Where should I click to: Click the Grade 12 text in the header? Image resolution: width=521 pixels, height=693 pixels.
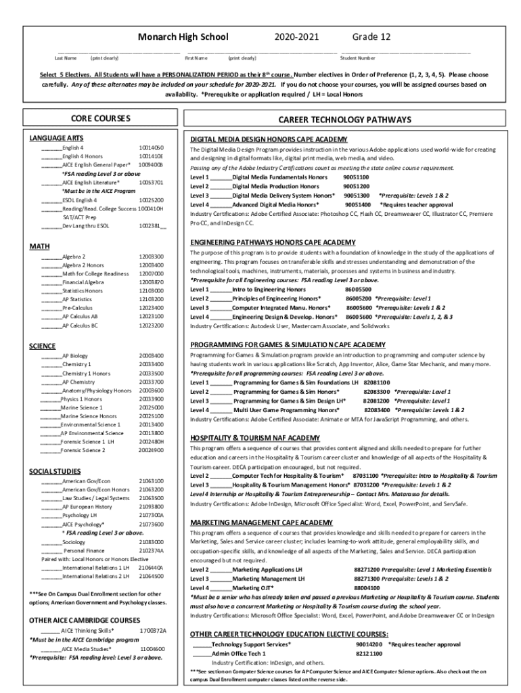(369, 37)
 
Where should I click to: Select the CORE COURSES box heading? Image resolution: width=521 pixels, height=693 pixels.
(101, 118)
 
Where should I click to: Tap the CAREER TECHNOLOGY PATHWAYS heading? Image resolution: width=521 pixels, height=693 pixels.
(344, 120)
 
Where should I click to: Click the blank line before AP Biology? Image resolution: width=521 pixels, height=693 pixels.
(51, 356)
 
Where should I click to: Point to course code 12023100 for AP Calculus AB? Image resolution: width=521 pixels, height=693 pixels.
(152, 317)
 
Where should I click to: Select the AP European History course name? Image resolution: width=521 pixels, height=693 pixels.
(87, 506)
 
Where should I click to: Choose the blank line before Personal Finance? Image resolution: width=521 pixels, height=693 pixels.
(51, 551)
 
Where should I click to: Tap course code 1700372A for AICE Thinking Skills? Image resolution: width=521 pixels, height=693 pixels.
(152, 631)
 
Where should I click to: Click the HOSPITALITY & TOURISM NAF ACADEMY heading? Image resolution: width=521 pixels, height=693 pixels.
(255, 438)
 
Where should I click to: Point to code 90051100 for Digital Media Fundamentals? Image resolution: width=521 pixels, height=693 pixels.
(356, 177)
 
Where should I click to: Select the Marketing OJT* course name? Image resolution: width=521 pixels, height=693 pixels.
(253, 589)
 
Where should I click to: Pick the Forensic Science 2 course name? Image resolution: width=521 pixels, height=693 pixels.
(83, 450)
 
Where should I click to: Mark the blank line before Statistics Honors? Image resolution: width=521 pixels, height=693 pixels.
(51, 290)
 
